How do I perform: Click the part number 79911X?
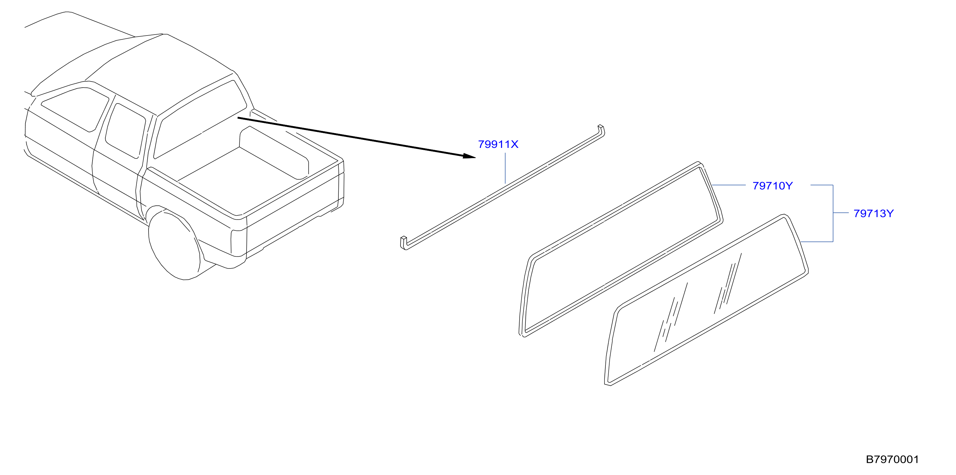(x=498, y=144)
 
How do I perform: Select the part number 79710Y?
(x=772, y=186)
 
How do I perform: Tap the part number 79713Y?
(x=874, y=214)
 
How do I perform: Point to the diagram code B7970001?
(x=892, y=460)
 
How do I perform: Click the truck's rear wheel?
(x=174, y=245)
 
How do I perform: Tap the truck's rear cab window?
(x=200, y=119)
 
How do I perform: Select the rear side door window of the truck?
(x=125, y=131)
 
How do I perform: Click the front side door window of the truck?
(x=75, y=109)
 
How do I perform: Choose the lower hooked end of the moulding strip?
(x=404, y=243)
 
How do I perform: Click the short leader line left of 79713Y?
(x=841, y=213)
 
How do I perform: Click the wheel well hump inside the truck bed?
(x=274, y=153)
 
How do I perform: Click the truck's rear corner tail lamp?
(x=239, y=243)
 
